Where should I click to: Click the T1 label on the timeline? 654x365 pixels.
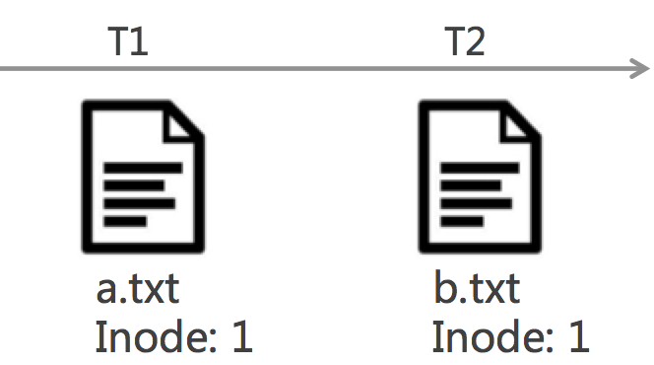tap(127, 41)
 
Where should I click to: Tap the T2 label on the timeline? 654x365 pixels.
tap(464, 41)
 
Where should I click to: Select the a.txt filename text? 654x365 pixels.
tap(138, 291)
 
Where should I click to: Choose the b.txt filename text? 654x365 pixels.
tap(476, 291)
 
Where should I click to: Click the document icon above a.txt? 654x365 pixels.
tap(142, 178)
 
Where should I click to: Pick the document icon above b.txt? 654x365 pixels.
tap(480, 178)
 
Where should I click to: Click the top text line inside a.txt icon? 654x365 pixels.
tap(144, 169)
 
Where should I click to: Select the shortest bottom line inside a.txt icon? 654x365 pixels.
tap(126, 221)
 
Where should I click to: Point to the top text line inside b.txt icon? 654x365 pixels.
tap(480, 169)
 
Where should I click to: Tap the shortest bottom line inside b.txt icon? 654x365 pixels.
tap(463, 221)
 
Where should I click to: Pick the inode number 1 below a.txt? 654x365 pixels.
tap(240, 337)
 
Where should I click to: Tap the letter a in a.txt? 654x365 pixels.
tap(106, 293)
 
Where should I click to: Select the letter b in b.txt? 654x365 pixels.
tap(444, 291)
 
